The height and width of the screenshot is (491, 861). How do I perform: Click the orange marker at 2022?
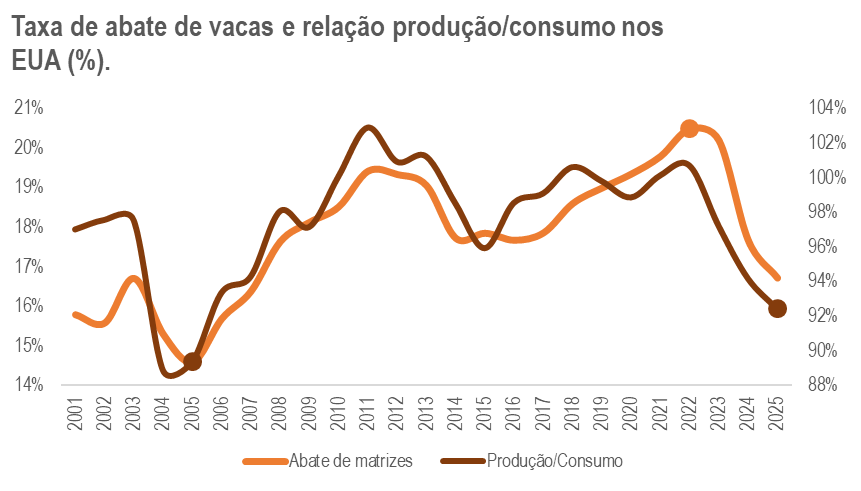[x=688, y=128]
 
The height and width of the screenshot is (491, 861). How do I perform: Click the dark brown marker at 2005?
[x=193, y=361]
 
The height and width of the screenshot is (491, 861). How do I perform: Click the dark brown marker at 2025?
[x=777, y=309]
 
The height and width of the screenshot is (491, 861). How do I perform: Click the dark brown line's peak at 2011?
[x=368, y=127]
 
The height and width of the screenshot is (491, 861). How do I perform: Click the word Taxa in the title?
[x=40, y=27]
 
